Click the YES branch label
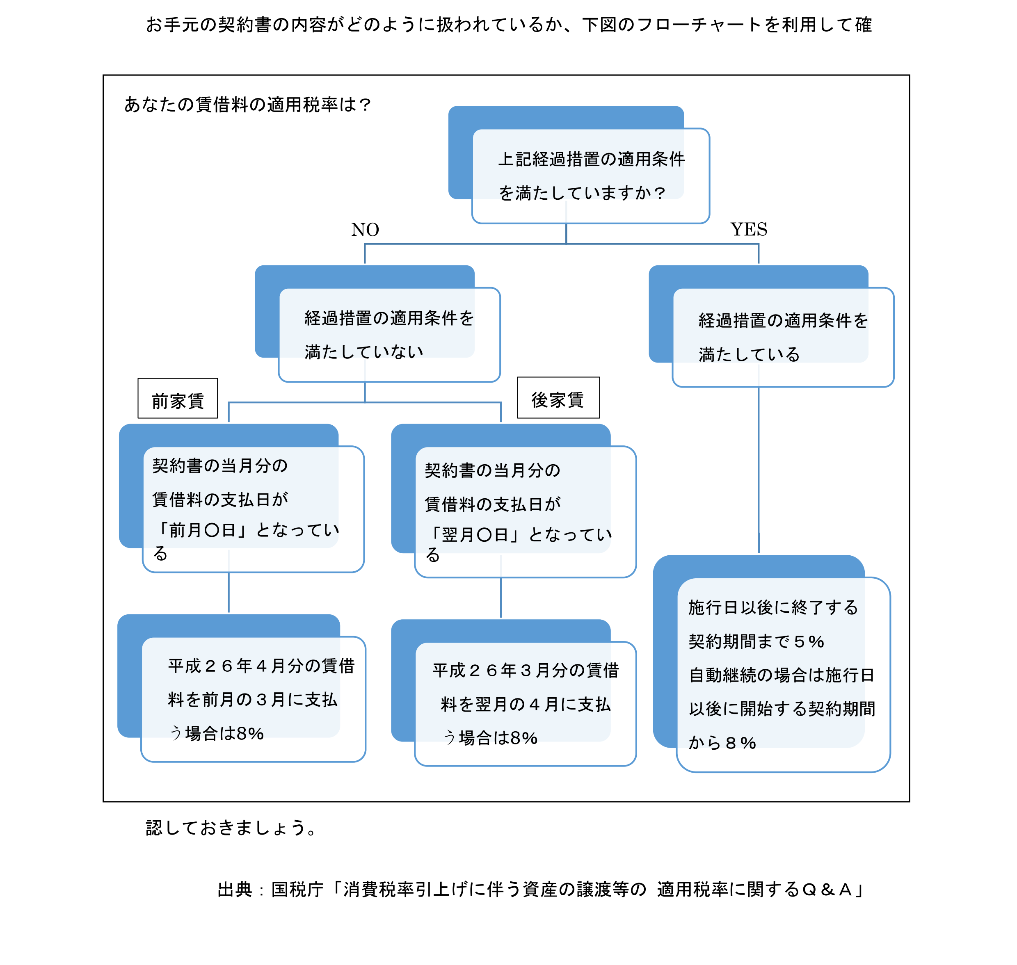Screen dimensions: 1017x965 click(x=749, y=229)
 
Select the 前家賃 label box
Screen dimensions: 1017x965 click(x=178, y=399)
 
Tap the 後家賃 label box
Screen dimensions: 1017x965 click(x=558, y=398)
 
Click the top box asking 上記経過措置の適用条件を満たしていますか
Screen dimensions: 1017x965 click(x=591, y=176)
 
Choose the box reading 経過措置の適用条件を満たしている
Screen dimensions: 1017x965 click(x=783, y=338)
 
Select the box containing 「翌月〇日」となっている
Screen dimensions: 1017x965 click(x=526, y=512)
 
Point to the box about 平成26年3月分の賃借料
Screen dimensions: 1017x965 click(x=526, y=704)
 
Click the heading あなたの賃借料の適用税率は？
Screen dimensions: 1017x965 click(x=247, y=105)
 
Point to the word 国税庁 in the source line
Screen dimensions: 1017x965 click(x=297, y=889)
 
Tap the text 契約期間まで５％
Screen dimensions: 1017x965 click(x=756, y=641)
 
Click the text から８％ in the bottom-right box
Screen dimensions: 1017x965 click(x=722, y=743)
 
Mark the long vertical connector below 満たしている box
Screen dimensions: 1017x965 click(x=759, y=470)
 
